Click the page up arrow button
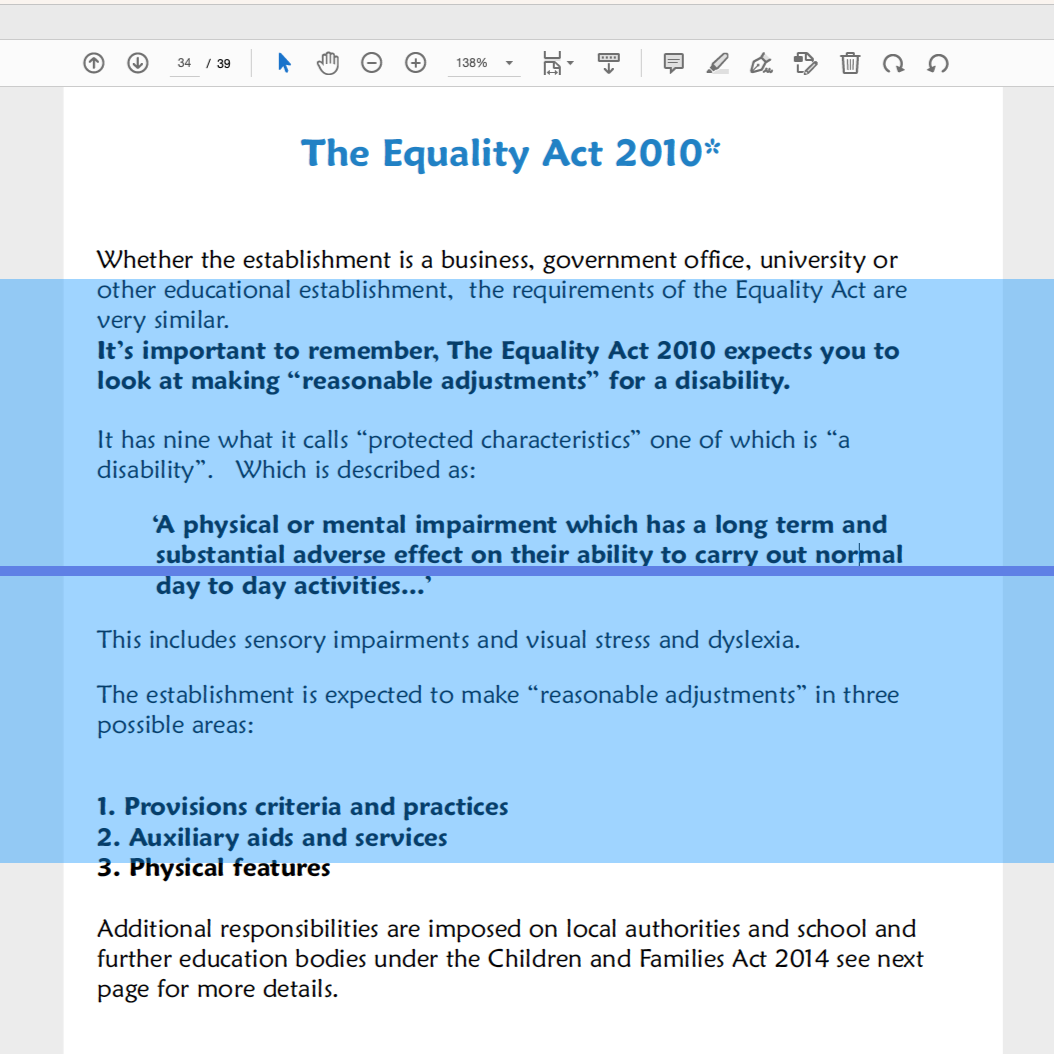pos(93,63)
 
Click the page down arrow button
pos(138,63)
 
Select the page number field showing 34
pos(184,63)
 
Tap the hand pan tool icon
pos(328,63)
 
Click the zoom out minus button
pos(371,63)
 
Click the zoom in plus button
pos(416,63)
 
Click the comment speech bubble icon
pos(674,63)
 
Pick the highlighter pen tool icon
pos(717,63)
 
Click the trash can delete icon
pos(849,63)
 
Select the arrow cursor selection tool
pos(284,63)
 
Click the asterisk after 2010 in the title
pos(712,148)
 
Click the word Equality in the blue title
pos(456,154)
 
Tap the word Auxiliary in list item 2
pos(184,838)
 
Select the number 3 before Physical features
pos(104,868)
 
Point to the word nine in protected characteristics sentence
pos(190,440)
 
